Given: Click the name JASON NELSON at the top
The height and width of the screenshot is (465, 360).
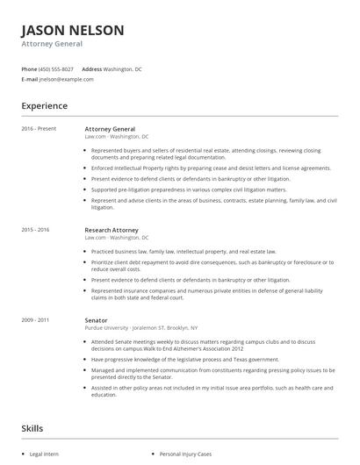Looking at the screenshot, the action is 73,30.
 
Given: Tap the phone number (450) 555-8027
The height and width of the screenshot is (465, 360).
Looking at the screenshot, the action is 56,68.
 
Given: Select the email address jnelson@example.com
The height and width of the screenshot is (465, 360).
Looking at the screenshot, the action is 67,79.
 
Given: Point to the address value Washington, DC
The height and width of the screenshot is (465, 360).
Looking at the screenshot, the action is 122,68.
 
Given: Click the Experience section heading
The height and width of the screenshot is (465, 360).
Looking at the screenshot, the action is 45,105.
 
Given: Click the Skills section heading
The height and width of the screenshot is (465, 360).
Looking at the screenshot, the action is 32,428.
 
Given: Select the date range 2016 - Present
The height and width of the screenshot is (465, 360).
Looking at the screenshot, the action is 38,129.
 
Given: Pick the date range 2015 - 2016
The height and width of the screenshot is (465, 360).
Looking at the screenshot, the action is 36,229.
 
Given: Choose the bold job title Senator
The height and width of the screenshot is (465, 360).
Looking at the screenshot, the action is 97,321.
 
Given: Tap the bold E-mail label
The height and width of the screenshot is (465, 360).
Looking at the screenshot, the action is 30,79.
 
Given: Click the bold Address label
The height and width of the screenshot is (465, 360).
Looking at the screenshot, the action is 91,68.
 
